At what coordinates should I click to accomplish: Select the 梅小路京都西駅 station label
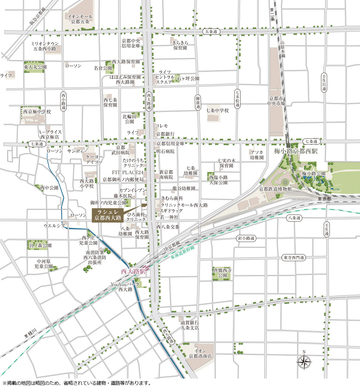point(295,151)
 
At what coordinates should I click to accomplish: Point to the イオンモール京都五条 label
point(80,19)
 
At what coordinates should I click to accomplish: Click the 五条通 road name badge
point(211,31)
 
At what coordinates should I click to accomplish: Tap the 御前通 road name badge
point(198,102)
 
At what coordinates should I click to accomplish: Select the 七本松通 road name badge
point(238,99)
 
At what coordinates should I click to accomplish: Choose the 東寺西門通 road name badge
point(294,257)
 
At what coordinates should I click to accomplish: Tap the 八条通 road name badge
point(294,218)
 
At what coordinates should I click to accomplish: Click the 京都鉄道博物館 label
point(275,189)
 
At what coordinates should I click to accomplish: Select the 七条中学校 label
point(217,111)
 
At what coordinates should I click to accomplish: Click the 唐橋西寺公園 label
point(222,273)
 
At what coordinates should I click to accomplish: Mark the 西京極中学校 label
point(37,112)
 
